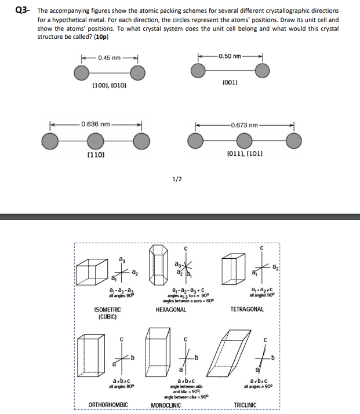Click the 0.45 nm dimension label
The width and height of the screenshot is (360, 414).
(x=109, y=57)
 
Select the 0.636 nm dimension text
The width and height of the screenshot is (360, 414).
(x=96, y=124)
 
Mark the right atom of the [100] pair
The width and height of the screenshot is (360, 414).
(x=137, y=72)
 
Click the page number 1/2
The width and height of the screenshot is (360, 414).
(x=177, y=179)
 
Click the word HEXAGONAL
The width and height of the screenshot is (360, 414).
(x=171, y=310)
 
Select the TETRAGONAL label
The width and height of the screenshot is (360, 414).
(x=248, y=309)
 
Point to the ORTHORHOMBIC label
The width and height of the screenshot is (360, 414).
(x=108, y=404)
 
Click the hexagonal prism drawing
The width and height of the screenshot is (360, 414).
(x=159, y=257)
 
